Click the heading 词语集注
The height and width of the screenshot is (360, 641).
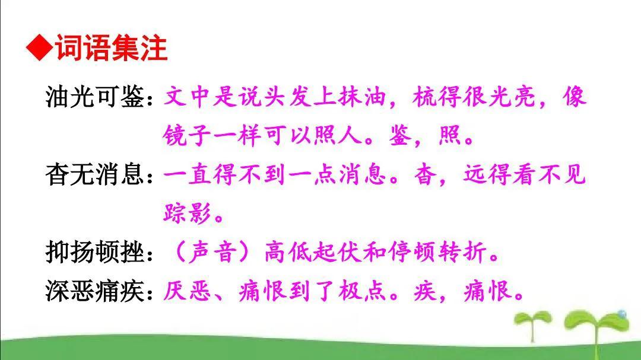tap(111, 48)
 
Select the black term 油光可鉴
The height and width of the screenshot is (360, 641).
tap(94, 97)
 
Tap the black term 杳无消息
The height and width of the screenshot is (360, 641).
tap(94, 174)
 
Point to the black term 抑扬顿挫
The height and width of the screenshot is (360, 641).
tap(94, 252)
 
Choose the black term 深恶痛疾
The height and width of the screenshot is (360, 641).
tap(94, 291)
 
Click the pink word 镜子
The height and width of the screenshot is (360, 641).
tap(187, 136)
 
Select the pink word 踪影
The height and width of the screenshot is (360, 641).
tap(187, 213)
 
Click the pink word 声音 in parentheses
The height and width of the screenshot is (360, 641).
tap(212, 252)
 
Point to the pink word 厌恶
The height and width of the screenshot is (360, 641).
tap(187, 291)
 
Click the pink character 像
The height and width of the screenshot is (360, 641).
tap(575, 97)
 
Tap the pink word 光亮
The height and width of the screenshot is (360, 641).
tap(511, 97)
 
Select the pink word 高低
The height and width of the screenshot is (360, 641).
tap(287, 252)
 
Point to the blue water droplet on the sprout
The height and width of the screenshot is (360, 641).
tap(622, 314)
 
